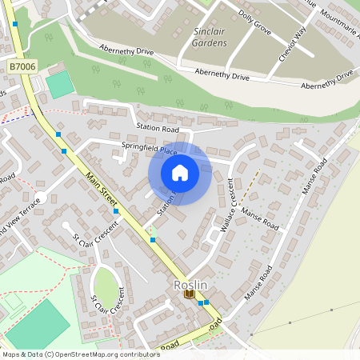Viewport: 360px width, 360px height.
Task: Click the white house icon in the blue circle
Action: pyautogui.click(x=180, y=172)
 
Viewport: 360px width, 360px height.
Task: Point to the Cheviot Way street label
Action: pyautogui.click(x=293, y=42)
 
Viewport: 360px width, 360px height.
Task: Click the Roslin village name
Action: pyautogui.click(x=190, y=285)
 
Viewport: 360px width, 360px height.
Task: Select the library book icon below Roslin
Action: pyautogui.click(x=190, y=294)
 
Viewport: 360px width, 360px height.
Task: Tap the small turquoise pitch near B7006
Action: pyautogui.click(x=59, y=85)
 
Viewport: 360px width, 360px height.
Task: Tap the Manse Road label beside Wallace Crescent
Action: pyautogui.click(x=259, y=216)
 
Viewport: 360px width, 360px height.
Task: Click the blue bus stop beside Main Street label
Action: pyautogui.click(x=116, y=211)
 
